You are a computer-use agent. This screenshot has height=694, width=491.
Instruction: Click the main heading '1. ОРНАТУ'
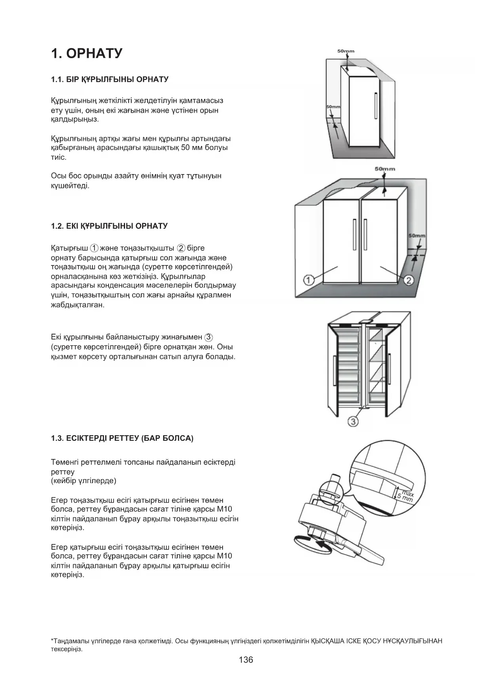87,53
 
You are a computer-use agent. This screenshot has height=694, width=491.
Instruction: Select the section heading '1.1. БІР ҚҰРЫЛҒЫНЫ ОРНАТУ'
110,80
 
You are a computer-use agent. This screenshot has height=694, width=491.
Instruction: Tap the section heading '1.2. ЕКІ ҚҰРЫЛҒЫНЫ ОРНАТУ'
109,226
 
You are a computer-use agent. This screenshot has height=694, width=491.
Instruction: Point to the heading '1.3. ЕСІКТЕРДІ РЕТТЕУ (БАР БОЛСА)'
122,438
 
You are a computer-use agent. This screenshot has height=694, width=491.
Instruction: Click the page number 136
246,660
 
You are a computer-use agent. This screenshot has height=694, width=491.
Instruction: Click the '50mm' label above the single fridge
346,51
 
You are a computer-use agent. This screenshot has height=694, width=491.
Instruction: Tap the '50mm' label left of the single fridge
333,107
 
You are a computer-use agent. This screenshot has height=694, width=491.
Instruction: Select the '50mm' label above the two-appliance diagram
385,169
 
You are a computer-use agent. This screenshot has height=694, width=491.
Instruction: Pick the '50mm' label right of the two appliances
417,236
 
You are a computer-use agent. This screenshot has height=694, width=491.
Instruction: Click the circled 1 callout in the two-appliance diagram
309,280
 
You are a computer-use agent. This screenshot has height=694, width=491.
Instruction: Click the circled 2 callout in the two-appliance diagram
408,280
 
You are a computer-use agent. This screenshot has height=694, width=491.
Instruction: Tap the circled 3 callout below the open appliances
353,422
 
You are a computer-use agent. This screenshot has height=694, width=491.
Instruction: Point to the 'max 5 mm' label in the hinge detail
406,496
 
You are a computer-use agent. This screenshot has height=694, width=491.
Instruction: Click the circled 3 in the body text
209,338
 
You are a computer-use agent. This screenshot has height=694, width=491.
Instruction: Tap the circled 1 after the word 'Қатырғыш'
94,248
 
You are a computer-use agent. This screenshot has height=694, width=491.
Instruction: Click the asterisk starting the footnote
52,641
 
